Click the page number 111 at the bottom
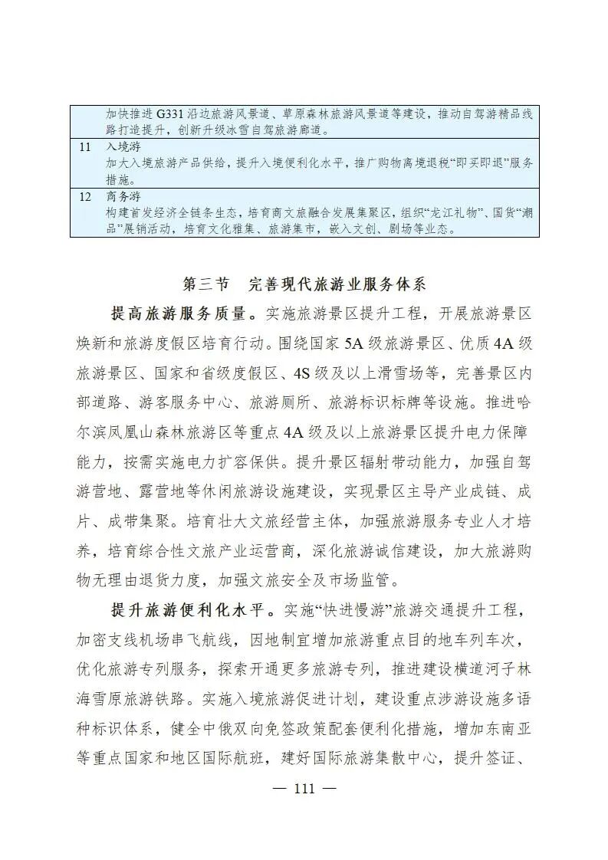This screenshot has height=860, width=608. click(x=304, y=788)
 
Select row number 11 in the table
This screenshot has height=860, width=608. click(x=85, y=146)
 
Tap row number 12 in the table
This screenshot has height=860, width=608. click(x=85, y=196)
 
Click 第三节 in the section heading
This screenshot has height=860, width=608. click(x=205, y=284)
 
